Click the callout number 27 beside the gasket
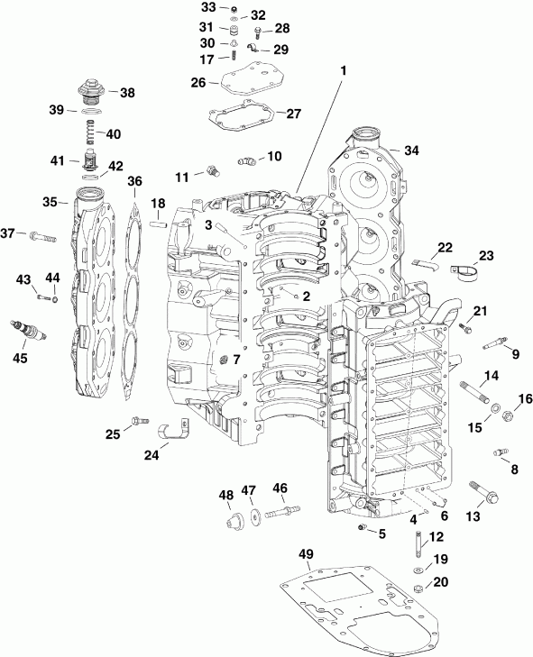293,114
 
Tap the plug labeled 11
213,169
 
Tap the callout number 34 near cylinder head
412,150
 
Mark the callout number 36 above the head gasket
134,182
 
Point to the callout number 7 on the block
236,358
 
